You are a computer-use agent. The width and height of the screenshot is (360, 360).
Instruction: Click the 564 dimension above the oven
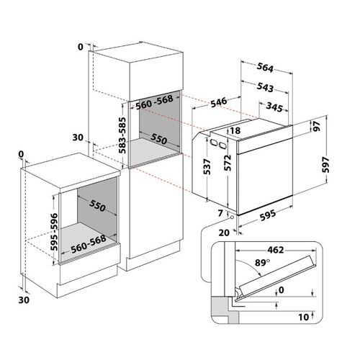[265, 68]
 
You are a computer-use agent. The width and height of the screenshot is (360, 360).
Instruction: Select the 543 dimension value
[265, 87]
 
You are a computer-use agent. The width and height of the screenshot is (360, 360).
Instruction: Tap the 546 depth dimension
[219, 102]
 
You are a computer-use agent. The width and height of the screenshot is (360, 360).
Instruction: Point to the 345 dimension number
[274, 107]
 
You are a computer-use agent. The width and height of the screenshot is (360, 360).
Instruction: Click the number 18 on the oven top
[235, 130]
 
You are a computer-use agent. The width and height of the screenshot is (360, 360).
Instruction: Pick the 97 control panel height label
[316, 126]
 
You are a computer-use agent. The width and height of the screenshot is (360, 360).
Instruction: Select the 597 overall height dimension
[325, 165]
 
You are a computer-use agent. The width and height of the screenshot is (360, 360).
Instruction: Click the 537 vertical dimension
[207, 166]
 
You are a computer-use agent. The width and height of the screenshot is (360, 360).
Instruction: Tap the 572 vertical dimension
[228, 163]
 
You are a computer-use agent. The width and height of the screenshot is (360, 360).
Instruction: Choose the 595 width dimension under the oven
[268, 215]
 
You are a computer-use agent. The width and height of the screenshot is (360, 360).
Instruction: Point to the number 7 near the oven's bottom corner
[220, 213]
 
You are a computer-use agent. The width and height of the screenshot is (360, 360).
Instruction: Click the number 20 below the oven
[224, 233]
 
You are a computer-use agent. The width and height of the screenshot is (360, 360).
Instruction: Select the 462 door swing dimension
[276, 250]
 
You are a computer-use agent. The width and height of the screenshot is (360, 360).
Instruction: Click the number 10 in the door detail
[304, 317]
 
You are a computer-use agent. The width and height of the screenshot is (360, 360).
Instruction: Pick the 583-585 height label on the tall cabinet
[122, 135]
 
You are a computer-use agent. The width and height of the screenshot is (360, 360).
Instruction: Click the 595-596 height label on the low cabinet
[54, 232]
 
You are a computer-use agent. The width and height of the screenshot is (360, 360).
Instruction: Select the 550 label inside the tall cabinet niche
[158, 138]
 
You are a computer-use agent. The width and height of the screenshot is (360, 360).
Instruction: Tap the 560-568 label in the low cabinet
[89, 244]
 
